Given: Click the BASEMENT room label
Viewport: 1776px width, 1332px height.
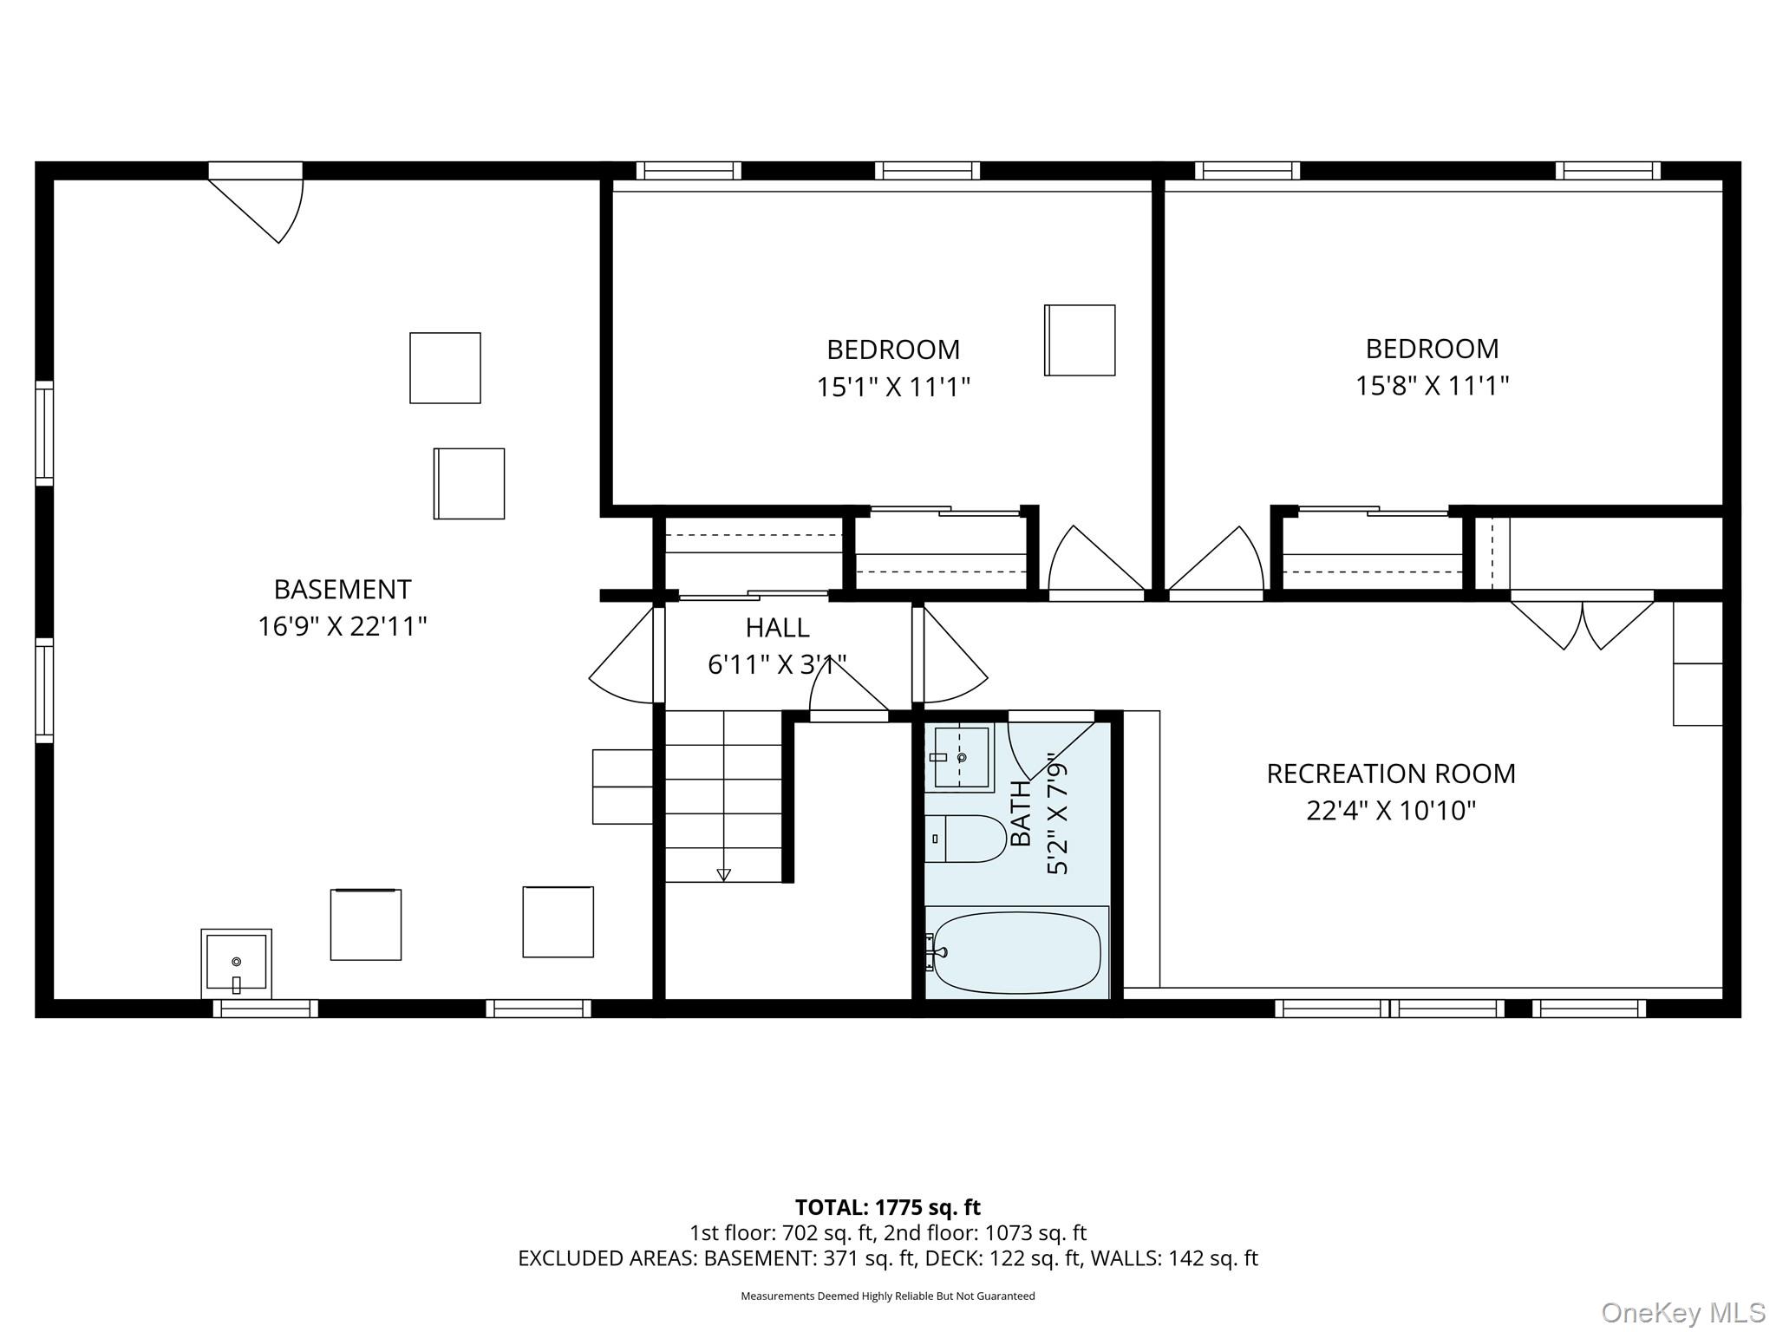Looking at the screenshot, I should [x=343, y=590].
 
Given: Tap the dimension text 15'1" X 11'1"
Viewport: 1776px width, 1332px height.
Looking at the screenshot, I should [x=892, y=387].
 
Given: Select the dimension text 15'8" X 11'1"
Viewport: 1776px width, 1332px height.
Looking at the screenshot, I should [x=1432, y=385].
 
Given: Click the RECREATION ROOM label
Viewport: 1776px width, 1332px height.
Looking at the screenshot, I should [x=1391, y=774].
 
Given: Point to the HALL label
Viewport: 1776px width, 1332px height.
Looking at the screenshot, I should [x=777, y=627].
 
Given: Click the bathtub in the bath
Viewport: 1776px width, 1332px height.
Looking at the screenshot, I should [x=1016, y=953].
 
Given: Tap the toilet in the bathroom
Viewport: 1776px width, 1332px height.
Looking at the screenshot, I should [x=965, y=839].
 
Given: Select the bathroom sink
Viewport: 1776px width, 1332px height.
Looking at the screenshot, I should [x=960, y=759].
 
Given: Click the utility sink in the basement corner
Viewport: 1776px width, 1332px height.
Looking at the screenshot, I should [x=236, y=963].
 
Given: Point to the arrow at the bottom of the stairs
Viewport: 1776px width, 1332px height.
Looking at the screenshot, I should [x=723, y=874].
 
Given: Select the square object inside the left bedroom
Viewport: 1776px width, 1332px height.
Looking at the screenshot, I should [x=1080, y=340].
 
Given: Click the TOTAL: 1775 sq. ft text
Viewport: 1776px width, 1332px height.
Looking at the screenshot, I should [x=887, y=1207].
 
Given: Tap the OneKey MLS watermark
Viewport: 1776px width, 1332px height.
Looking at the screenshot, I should [x=1682, y=1312].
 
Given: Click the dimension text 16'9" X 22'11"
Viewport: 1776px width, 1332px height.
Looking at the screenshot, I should [x=343, y=626].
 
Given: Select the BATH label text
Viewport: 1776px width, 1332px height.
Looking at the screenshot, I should [x=1022, y=813].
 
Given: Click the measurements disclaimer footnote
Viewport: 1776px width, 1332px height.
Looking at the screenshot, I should [x=887, y=1296].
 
